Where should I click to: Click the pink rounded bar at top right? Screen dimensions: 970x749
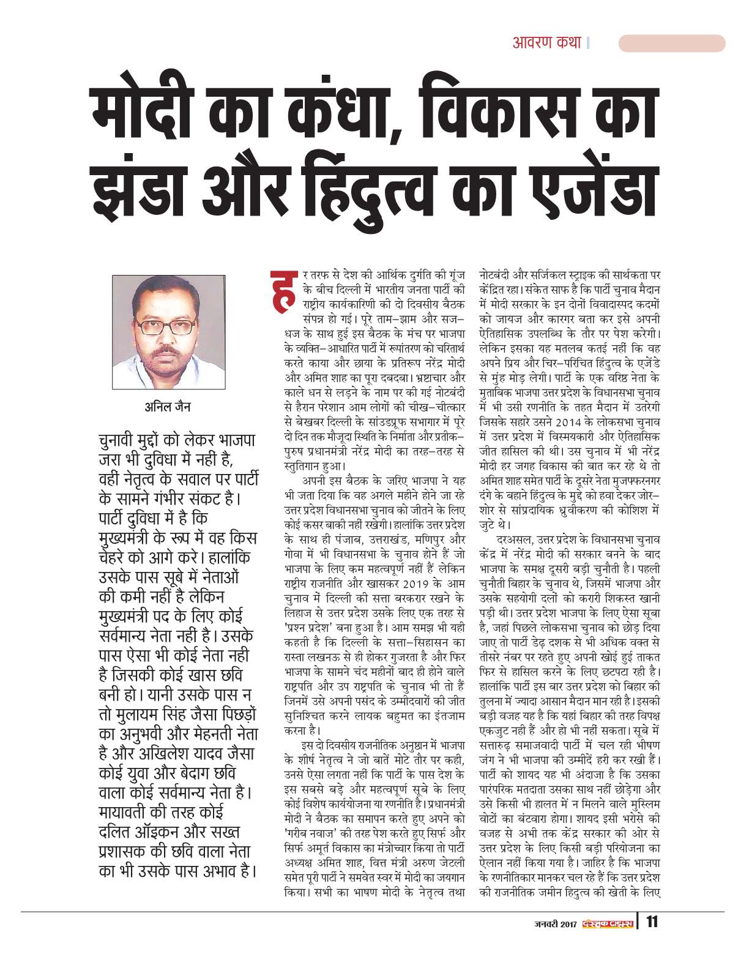tap(671, 43)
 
